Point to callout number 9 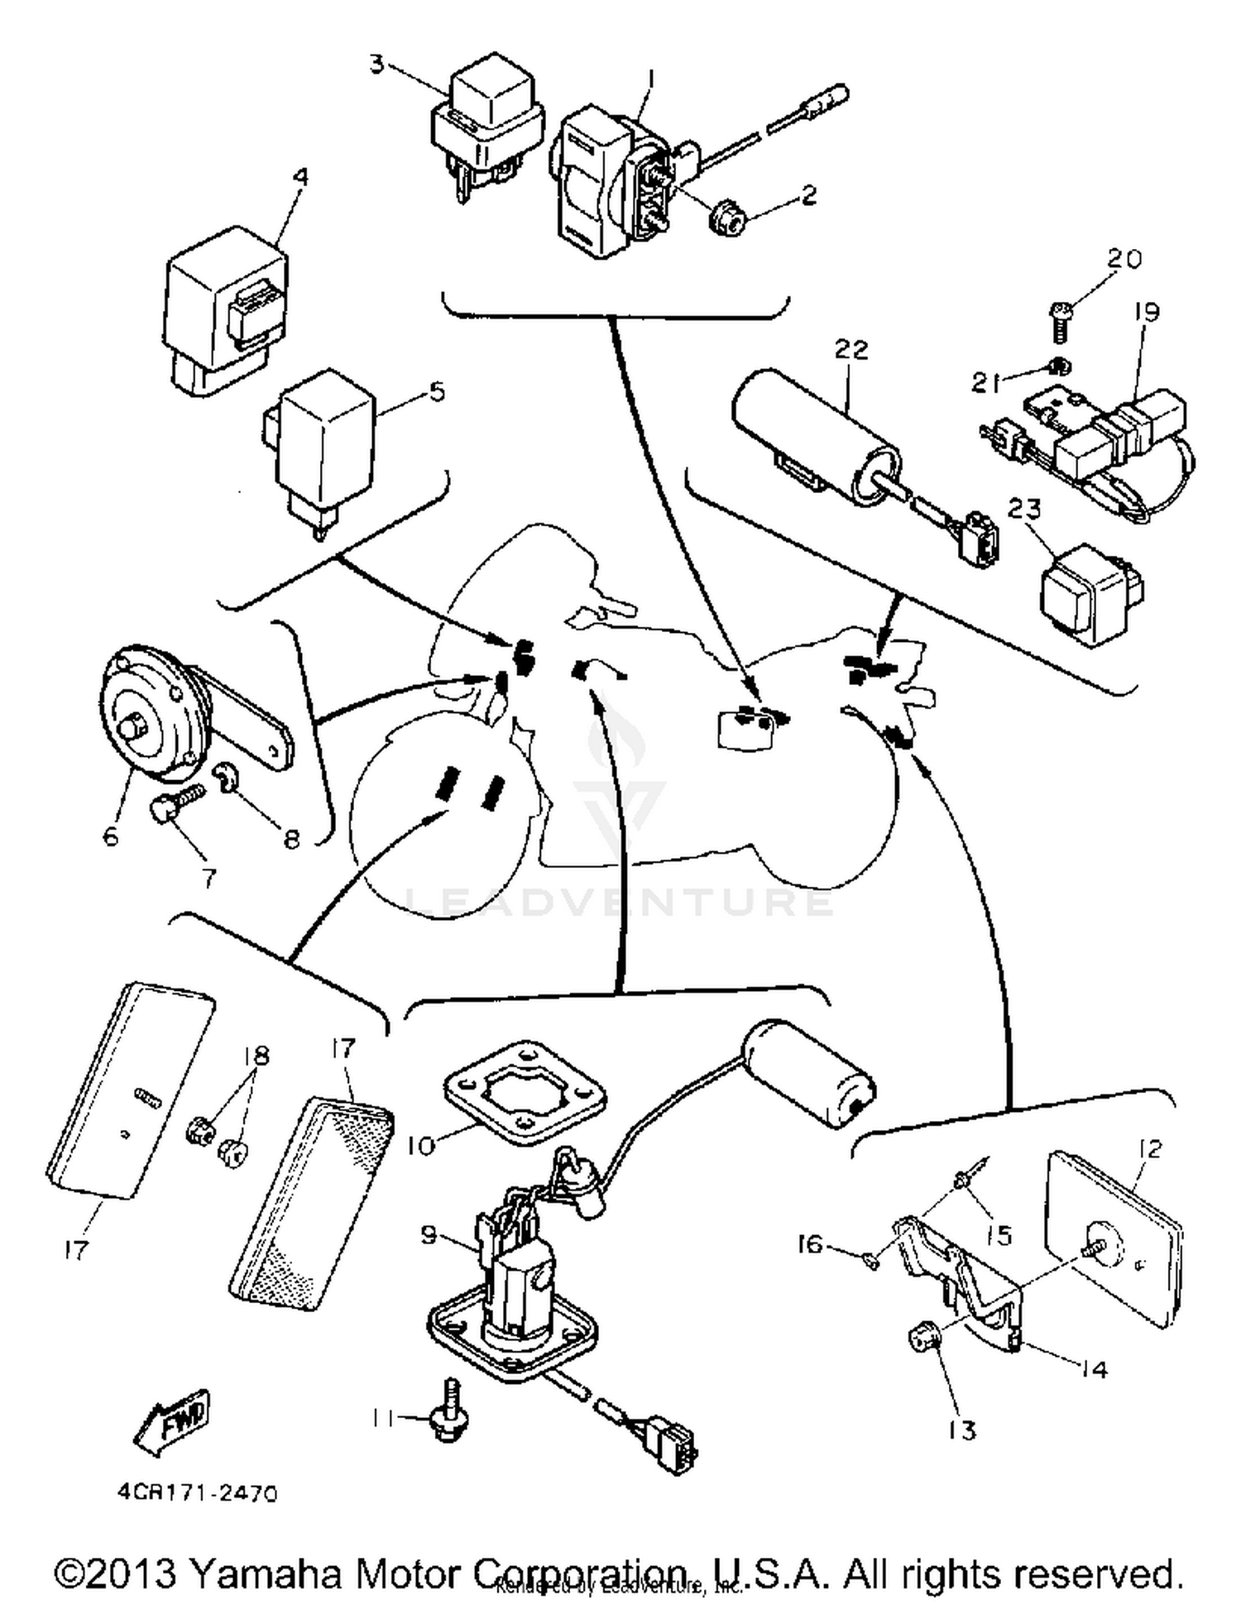[429, 1235]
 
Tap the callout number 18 [256, 1056]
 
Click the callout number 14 [1094, 1370]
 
